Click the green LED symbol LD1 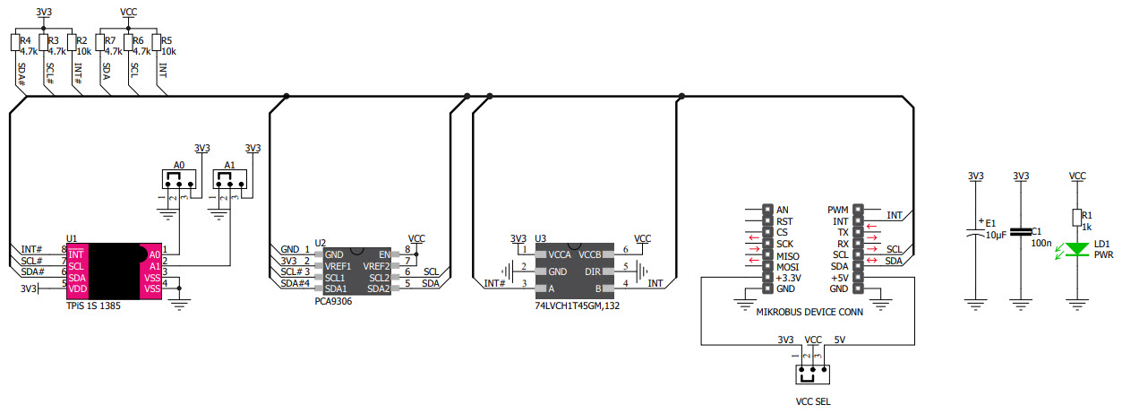click(1077, 249)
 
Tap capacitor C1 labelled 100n click(1020, 232)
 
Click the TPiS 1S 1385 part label click(93, 306)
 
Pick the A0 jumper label click(179, 165)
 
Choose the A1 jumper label click(229, 165)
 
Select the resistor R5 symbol click(155, 43)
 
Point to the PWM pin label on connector click(837, 210)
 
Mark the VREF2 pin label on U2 click(376, 266)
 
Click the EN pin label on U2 click(383, 254)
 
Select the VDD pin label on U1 click(77, 288)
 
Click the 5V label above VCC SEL click(839, 340)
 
